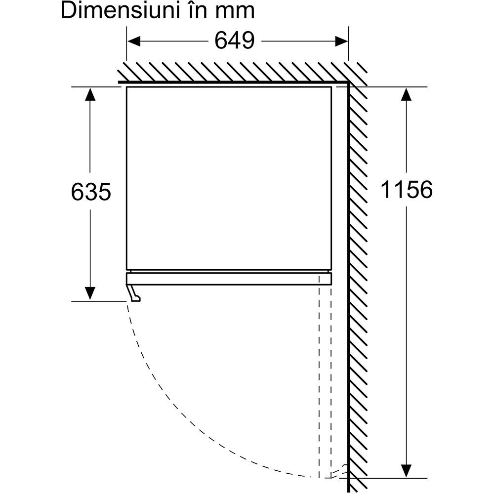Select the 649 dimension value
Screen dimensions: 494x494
tap(234, 41)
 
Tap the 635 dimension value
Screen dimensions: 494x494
tap(90, 191)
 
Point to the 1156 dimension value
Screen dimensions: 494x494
tap(406, 189)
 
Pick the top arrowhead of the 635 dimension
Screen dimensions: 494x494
tap(90, 94)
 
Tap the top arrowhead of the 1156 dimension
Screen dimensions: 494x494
tap(406, 94)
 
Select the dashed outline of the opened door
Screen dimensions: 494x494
tap(325, 375)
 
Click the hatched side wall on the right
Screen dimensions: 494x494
tap(359, 277)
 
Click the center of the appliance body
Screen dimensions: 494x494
tap(228, 178)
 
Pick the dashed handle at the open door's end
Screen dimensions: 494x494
tap(340, 472)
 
